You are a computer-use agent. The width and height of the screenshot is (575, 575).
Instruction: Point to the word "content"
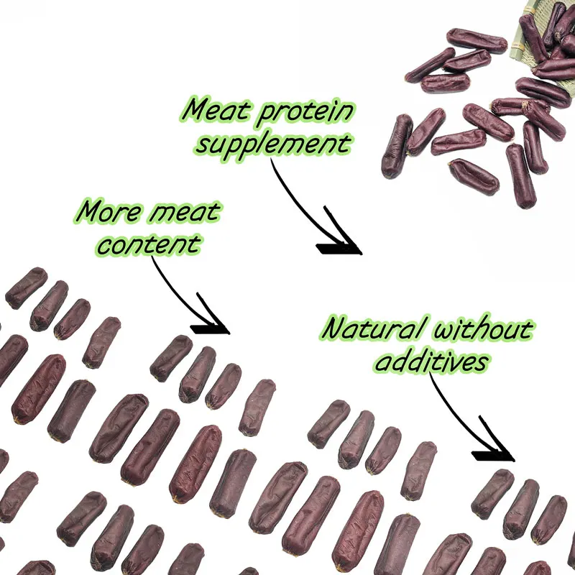click(148, 244)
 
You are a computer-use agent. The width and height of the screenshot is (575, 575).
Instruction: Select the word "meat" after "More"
click(184, 213)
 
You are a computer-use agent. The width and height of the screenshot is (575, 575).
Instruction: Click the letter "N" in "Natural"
click(332, 330)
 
